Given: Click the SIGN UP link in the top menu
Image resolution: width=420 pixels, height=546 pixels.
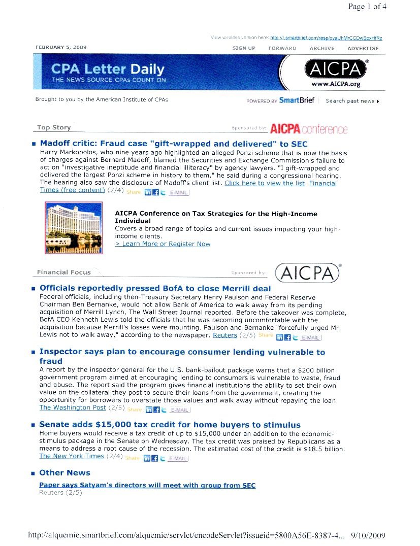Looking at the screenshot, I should coord(244,48).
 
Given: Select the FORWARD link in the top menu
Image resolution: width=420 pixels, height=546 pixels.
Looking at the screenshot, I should coord(282,48).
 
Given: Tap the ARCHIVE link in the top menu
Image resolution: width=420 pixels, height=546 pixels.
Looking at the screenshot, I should coord(322,48).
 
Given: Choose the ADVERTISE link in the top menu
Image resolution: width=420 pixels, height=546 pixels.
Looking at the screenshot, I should coord(363,48).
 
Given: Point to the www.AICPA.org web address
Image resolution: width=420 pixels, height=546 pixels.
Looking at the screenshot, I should coord(335,84).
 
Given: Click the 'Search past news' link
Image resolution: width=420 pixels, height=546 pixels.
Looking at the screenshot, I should coord(352,101).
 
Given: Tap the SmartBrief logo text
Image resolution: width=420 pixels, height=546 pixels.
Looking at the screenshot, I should coord(297,100).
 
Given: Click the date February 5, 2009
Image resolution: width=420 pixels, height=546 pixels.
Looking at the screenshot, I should coord(61,47).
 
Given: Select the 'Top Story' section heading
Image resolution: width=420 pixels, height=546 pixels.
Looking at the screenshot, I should coord(54,127).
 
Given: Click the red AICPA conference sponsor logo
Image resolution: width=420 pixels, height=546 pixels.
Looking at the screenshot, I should coord(309,129).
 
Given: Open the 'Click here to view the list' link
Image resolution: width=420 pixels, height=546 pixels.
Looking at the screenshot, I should coord(265,183).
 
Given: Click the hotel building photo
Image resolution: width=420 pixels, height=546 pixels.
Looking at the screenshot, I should coord(74,227).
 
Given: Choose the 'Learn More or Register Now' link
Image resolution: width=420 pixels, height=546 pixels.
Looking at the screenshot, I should coord(163,244).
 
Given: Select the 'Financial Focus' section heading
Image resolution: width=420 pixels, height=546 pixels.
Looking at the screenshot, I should coord(64,272).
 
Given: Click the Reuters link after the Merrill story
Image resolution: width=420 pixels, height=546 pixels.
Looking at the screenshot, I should coord(224,335).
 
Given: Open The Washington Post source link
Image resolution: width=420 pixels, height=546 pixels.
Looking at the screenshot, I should coord(73,407).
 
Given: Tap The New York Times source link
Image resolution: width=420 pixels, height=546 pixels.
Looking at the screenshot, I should coord(72,456).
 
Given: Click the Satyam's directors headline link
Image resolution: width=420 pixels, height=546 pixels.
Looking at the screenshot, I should coord(147,486).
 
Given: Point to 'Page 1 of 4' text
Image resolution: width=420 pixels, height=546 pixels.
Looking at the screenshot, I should coord(367,7).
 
